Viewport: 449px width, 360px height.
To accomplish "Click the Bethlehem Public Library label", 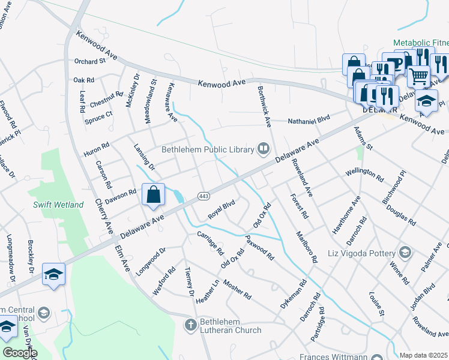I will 208,148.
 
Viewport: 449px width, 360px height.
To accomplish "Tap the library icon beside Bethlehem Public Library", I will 263,148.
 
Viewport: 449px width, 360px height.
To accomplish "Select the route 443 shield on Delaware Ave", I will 203,196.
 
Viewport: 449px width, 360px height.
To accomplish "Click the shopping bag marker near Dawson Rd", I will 154,195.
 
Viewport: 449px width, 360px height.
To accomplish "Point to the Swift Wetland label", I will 58,205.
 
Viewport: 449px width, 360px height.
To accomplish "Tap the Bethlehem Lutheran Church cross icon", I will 190,325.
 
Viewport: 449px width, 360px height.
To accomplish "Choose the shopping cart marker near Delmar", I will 419,76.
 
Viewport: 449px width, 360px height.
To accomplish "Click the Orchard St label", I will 90,61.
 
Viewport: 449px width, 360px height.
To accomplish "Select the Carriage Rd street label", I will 210,242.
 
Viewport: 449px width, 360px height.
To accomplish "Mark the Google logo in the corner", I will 20,352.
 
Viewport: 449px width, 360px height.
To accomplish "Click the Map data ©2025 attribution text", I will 423,355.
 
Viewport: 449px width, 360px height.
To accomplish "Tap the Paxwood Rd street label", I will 260,247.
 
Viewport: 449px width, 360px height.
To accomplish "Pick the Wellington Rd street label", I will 364,175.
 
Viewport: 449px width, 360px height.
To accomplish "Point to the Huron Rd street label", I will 97,149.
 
